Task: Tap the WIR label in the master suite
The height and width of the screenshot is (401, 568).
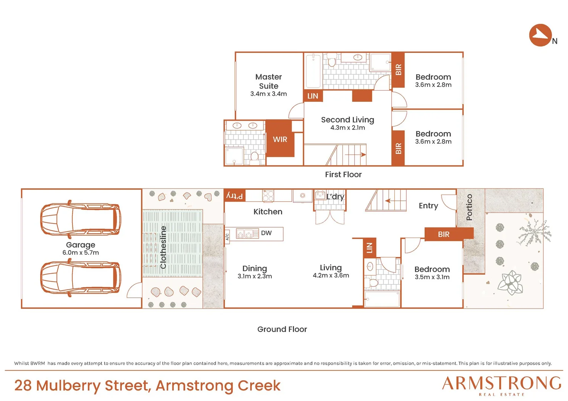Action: pyautogui.click(x=280, y=139)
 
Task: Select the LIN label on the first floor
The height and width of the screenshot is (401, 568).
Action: pyautogui.click(x=313, y=96)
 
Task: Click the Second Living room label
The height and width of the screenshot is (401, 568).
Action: pyautogui.click(x=348, y=120)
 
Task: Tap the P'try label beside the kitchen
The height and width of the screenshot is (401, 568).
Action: pyautogui.click(x=235, y=196)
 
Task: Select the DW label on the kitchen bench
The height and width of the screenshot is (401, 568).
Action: pyautogui.click(x=266, y=233)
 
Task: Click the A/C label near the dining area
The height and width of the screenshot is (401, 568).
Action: pyautogui.click(x=227, y=237)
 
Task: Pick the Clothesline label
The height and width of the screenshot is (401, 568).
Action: pyautogui.click(x=163, y=247)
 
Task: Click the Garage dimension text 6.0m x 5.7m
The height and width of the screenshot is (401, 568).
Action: pyautogui.click(x=81, y=252)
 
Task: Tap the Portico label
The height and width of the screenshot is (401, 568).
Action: pyautogui.click(x=469, y=207)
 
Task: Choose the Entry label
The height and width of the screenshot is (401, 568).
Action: pyautogui.click(x=428, y=206)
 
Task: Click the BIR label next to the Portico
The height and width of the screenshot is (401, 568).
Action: pyautogui.click(x=443, y=234)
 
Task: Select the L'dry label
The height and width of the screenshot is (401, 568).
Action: pyautogui.click(x=335, y=197)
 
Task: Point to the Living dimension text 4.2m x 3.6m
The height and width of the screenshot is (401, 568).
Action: pyautogui.click(x=331, y=276)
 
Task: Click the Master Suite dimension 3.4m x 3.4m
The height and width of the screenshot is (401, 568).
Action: pyautogui.click(x=268, y=94)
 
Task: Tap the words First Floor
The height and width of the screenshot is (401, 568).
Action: pyautogui.click(x=343, y=174)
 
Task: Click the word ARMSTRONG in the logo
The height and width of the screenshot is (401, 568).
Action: pyautogui.click(x=501, y=383)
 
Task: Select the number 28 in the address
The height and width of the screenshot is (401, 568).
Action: pyautogui.click(x=23, y=385)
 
